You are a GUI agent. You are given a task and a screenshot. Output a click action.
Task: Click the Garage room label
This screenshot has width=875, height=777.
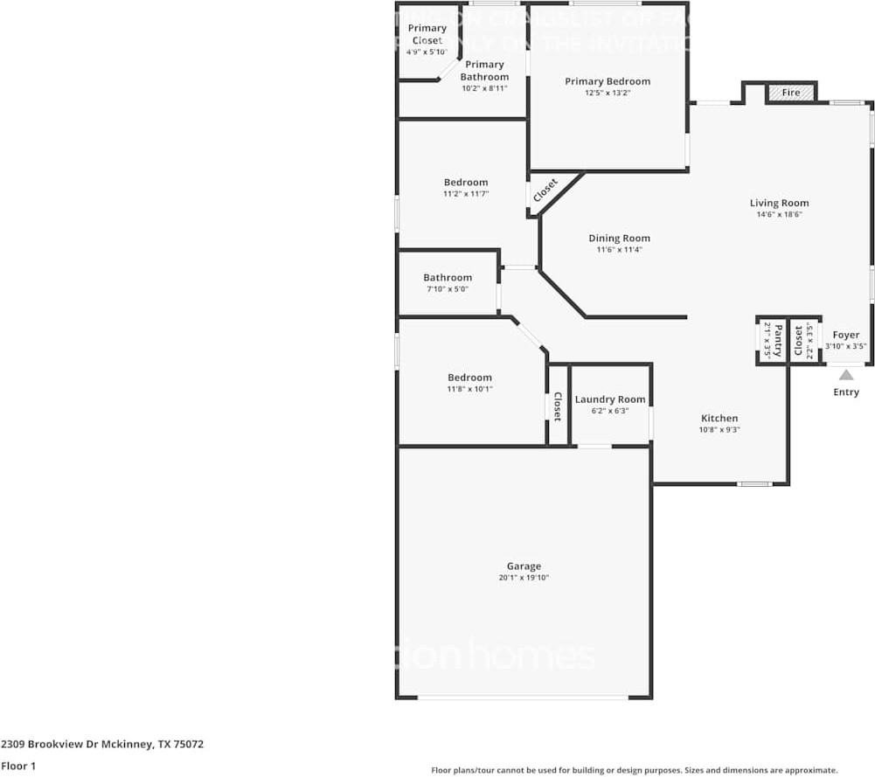[524, 566]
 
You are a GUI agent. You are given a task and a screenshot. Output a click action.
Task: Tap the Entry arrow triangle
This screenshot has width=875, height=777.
[846, 375]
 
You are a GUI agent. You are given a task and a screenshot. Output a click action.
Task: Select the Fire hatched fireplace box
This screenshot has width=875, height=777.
[791, 93]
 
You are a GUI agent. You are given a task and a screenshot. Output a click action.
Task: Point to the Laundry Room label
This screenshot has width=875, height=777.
[610, 399]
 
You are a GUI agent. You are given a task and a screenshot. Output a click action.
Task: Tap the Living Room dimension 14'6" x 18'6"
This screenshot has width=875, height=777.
[779, 214]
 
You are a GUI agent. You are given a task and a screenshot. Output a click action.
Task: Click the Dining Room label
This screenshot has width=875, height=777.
[619, 238]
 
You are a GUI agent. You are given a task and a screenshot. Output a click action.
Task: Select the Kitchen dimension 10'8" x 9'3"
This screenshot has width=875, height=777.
[719, 429]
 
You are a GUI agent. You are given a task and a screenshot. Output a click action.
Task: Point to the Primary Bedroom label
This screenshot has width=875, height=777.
[608, 81]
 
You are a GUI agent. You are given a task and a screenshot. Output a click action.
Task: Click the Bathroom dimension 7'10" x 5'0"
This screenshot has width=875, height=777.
[448, 288]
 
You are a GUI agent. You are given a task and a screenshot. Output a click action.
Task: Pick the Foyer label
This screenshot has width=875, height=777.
[846, 335]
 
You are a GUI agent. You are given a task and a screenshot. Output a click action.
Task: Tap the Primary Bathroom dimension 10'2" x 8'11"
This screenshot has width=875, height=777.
[484, 87]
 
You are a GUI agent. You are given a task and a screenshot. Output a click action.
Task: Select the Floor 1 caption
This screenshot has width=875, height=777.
[19, 766]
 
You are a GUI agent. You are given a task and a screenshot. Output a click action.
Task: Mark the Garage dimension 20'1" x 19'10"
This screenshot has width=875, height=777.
[524, 578]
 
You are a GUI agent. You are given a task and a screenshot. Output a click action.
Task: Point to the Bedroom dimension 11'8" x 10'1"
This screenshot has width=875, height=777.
[469, 389]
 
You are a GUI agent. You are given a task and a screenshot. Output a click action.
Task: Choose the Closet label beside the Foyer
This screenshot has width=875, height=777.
[799, 341]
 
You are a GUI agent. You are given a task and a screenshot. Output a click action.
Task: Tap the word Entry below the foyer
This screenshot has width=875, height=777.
[846, 392]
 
